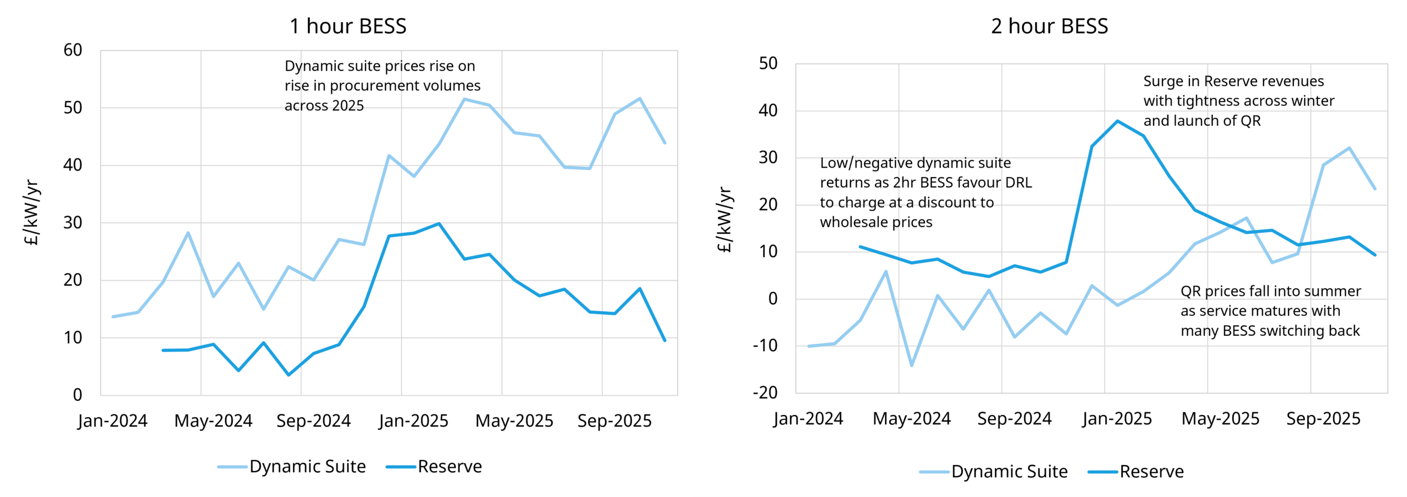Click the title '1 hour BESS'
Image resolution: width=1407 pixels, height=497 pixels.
348,26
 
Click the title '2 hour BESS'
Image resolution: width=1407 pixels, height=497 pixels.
1049,26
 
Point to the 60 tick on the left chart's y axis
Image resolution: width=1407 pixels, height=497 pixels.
73,50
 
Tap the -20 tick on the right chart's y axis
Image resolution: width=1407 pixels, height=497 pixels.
765,393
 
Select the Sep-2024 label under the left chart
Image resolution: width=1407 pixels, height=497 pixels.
313,421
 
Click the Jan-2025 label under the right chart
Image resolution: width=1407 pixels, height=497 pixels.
1117,418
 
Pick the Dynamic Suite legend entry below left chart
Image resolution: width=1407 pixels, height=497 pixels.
307,466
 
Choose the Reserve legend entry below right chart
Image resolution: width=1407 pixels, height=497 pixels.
1151,471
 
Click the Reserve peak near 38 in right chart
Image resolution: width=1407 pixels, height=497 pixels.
1117,121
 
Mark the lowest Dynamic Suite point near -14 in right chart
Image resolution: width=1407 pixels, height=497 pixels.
912,366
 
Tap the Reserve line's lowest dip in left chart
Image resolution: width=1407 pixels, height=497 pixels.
289,375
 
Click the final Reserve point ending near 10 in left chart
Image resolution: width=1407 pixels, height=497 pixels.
664,341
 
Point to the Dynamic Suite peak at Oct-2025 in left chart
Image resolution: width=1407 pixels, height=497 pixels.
640,98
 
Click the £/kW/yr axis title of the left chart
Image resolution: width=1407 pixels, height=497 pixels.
32,212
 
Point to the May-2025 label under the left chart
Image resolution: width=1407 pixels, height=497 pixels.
514,421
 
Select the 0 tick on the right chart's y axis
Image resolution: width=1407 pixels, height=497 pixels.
772,299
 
